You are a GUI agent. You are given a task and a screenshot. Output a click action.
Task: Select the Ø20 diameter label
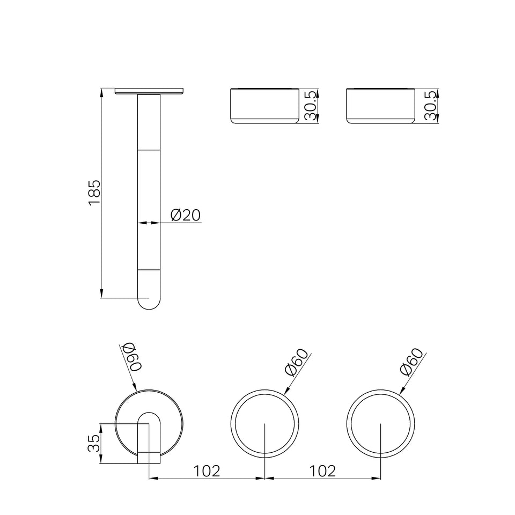[186, 215]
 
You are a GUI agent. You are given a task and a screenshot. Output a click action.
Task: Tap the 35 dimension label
[93, 443]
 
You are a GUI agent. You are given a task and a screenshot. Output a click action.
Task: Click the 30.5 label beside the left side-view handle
[310, 106]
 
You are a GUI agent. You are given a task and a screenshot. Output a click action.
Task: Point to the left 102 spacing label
[206, 471]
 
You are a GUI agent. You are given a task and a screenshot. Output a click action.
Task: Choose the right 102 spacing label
[322, 471]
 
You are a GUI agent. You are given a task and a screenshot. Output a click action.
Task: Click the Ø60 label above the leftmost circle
[131, 357]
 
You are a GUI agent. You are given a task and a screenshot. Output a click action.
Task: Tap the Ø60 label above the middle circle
[297, 362]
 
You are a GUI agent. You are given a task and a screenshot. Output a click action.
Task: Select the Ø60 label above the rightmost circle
[412, 362]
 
